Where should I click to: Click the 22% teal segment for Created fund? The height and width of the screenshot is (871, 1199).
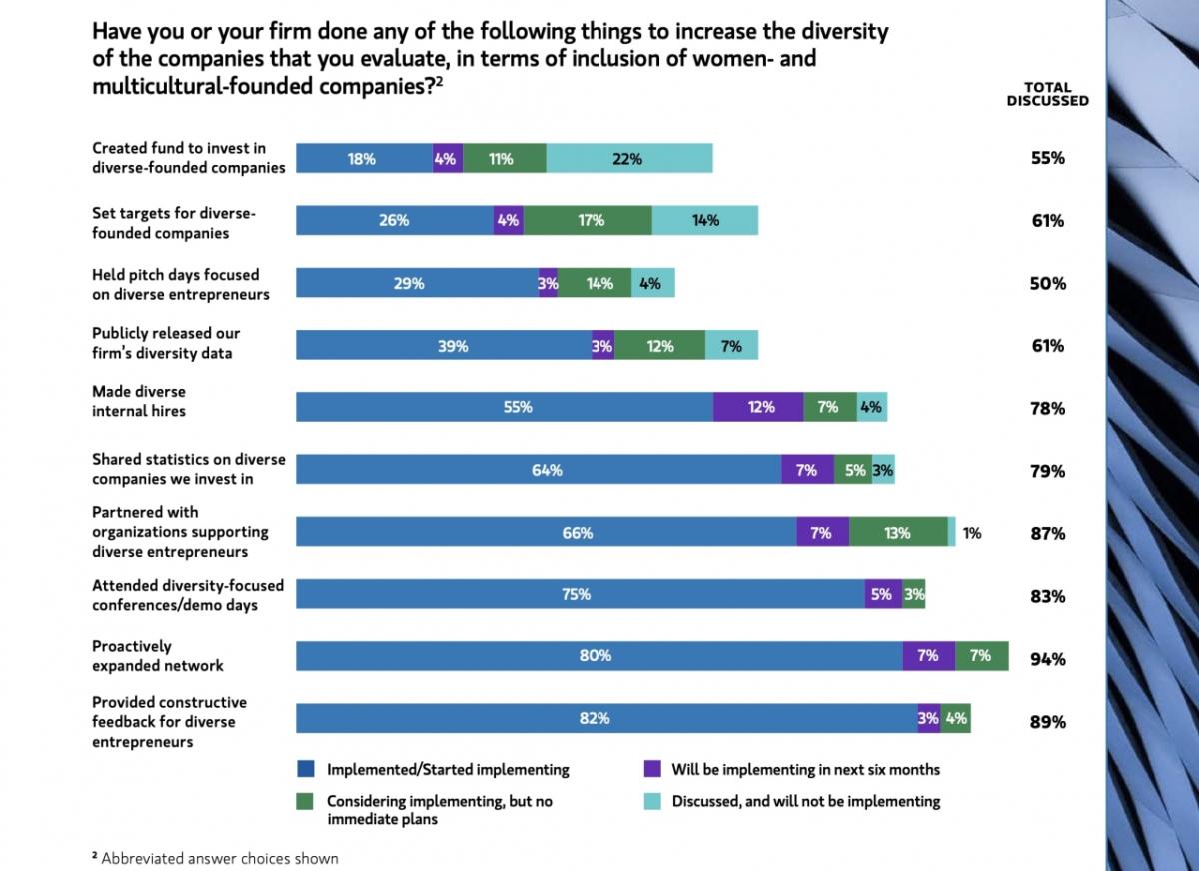629,158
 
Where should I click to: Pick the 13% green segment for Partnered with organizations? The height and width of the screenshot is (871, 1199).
898,533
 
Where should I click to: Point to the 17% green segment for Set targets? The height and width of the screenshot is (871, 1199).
588,221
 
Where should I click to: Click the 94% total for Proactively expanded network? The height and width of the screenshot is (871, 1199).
1047,659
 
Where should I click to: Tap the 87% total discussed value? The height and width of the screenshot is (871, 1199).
1047,534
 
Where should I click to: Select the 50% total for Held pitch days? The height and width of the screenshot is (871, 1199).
1047,284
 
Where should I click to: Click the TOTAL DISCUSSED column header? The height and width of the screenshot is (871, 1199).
1047,94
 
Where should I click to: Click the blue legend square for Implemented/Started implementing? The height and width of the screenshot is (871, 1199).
306,769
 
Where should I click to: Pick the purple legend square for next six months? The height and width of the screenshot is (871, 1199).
652,769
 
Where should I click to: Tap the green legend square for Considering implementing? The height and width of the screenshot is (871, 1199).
306,801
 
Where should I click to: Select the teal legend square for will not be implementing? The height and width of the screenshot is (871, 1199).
652,801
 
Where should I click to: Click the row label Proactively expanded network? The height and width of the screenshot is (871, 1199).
158,656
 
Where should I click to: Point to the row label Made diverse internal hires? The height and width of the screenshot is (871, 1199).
140,401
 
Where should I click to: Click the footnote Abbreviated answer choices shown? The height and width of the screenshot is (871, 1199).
214,858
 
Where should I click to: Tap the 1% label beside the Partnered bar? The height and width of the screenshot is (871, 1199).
972,534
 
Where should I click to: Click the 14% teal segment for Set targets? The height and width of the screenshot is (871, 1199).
705,221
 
